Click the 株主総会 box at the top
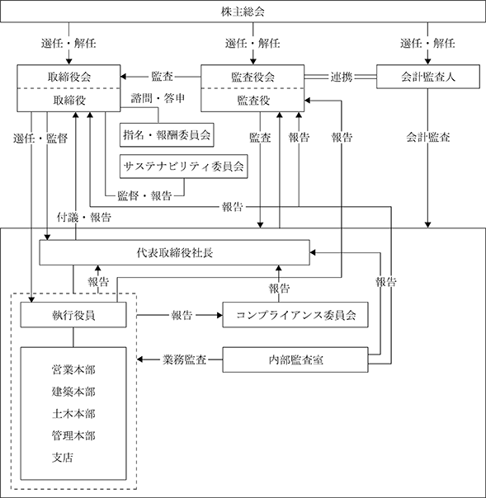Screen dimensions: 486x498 coord(243,12)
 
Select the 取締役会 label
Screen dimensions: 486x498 coord(69,77)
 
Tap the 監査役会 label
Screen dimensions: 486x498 coord(252,77)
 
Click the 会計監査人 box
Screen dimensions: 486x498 coord(428,77)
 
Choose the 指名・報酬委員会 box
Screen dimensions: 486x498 coord(167,135)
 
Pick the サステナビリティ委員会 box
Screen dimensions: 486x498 coord(183,167)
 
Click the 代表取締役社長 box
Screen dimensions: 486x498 coord(174,252)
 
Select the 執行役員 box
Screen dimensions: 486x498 coord(73,315)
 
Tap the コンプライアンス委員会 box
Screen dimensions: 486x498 coord(295,315)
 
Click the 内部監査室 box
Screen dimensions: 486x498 coord(295,359)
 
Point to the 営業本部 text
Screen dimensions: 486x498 coord(73,369)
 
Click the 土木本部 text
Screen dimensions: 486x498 coord(73,414)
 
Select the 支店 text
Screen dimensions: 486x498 coord(63,458)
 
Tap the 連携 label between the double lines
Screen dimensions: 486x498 coord(342,77)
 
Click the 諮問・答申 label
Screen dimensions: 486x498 coord(158,98)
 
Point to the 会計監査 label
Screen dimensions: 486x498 coord(428,137)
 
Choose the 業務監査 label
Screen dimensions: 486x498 coord(184,359)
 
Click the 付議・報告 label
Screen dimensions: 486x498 coord(84,217)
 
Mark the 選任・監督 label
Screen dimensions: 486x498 coord(40,139)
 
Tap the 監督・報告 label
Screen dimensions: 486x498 coord(144,195)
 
